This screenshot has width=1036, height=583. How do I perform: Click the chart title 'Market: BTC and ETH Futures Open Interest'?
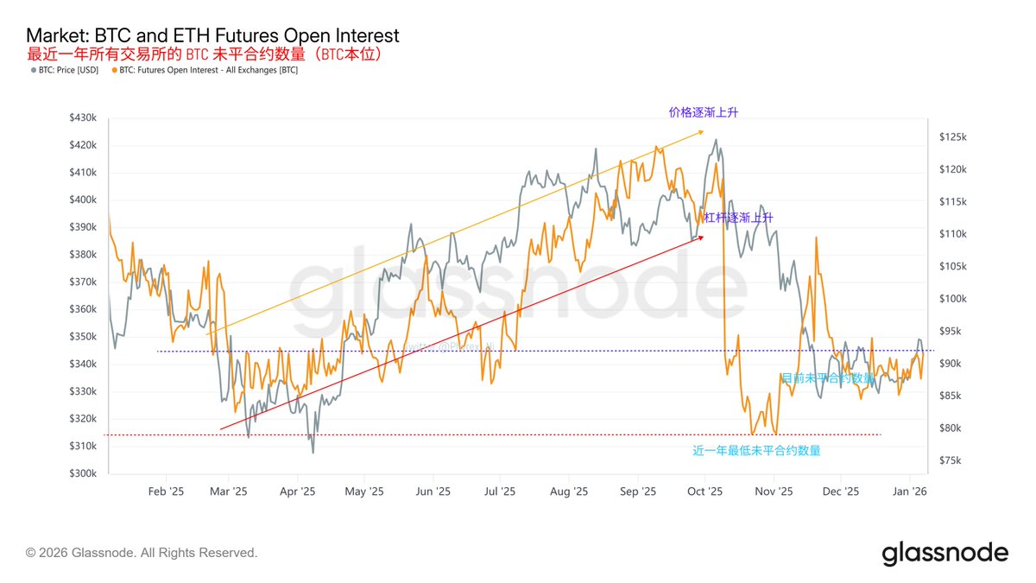212,35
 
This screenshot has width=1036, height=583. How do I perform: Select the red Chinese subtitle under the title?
204,54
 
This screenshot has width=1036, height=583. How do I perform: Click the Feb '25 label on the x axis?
166,491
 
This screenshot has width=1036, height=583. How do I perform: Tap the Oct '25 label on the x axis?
704,491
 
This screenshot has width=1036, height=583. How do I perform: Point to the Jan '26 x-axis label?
909,491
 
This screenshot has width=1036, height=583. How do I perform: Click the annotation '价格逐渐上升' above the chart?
704,112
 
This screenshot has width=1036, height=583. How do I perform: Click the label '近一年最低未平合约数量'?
756,450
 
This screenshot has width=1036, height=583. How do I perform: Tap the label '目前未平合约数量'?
826,377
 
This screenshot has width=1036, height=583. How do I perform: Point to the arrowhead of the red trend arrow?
701,237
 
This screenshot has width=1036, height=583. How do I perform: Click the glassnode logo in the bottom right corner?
944,553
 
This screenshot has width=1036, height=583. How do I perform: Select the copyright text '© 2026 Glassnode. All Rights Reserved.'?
142,553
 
